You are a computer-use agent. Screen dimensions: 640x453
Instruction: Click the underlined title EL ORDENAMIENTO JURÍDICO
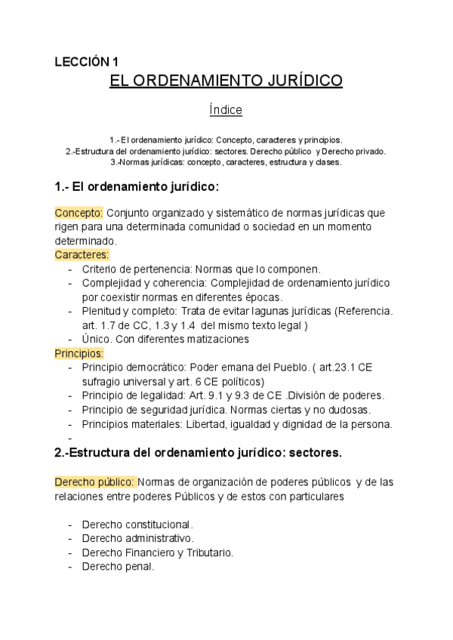226,82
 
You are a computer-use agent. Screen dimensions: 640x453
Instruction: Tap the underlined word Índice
226,110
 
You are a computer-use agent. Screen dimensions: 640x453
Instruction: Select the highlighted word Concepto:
79,213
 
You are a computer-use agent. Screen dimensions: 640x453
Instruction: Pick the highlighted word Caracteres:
82,255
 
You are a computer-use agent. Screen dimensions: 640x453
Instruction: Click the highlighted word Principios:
79,353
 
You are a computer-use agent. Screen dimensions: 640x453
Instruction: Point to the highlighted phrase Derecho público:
94,482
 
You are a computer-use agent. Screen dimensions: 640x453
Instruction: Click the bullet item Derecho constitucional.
137,525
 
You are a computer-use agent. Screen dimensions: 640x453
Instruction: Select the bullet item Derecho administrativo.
137,539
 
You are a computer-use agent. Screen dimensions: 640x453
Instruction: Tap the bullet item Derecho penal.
118,567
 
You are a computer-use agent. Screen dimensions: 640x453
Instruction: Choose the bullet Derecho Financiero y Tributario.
157,552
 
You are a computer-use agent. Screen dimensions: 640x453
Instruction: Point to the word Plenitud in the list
102,311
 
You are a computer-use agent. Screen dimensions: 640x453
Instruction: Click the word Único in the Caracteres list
96,340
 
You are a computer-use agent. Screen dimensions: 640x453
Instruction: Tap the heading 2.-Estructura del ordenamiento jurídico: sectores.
199,454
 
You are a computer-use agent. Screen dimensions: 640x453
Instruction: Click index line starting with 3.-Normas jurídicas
226,162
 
